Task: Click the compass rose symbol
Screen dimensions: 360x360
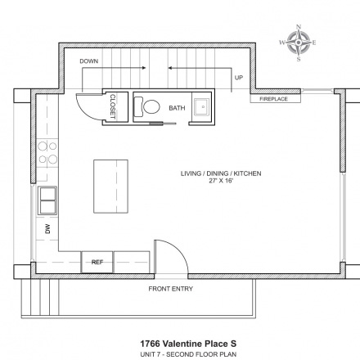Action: pos(299,43)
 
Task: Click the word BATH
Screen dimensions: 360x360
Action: pos(177,108)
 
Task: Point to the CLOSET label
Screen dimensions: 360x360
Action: pos(113,106)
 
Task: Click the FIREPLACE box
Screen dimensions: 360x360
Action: pos(276,99)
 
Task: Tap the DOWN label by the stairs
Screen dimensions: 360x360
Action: pos(89,61)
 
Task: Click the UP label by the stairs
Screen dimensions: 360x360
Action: pos(239,78)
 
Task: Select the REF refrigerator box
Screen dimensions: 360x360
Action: pos(97,262)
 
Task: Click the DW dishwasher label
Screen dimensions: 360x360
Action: pos(47,228)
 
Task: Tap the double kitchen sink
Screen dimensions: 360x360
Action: pos(47,200)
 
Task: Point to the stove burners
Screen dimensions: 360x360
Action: pos(47,152)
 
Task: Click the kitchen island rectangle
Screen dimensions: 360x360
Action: pos(110,187)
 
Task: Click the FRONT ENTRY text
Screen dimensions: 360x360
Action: pos(170,289)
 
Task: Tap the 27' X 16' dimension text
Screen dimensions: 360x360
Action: pos(221,181)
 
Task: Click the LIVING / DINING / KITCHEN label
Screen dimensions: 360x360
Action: pos(221,173)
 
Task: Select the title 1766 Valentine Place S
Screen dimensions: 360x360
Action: pos(188,344)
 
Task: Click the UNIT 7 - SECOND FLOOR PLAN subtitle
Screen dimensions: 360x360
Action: pos(188,354)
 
